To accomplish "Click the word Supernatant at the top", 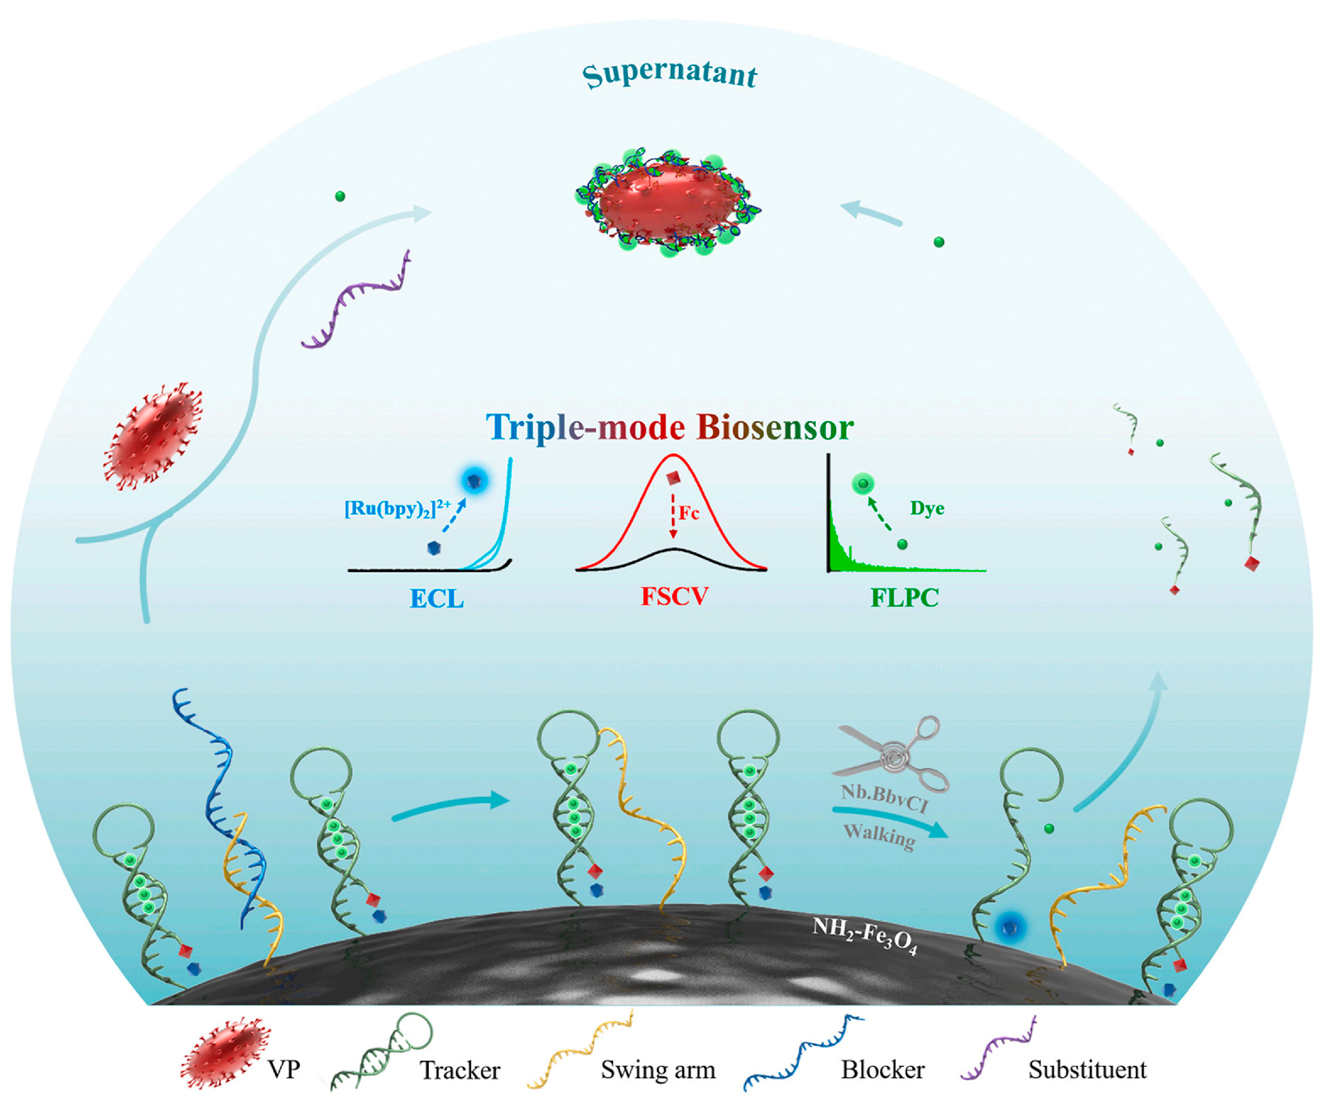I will tap(670, 75).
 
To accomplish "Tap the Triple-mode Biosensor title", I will tap(670, 427).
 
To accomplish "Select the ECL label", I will tap(437, 599).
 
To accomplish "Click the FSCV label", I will tap(675, 596).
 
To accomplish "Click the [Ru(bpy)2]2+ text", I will tap(398, 508).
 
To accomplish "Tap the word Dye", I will tap(927, 508).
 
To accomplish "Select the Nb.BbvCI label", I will tap(884, 798).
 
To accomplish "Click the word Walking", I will tap(880, 835).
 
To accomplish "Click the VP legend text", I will tap(283, 1069).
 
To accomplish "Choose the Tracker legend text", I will tap(460, 1070).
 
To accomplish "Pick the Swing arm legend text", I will tap(658, 1069).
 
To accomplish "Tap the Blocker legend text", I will tap(883, 1069).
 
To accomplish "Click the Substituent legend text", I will tap(1087, 1069).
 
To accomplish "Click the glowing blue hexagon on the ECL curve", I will tap(474, 481).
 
